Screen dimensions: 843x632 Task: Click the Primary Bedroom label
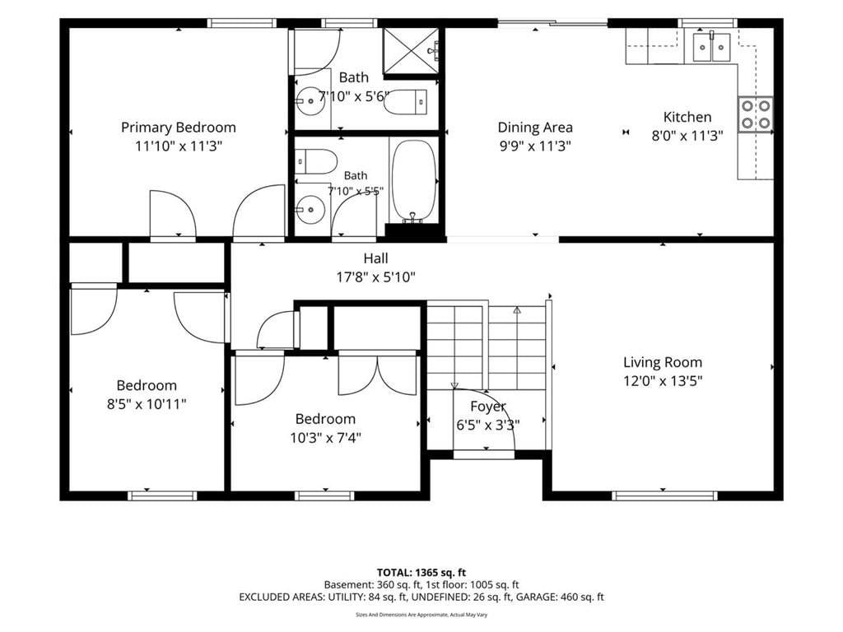coord(179,128)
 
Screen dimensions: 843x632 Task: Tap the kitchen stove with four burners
coord(756,114)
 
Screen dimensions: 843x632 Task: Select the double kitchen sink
coord(711,47)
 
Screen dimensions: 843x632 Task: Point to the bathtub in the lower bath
coord(413,181)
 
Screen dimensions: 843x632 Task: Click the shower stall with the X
coord(411,51)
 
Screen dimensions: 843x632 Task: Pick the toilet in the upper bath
coord(406,101)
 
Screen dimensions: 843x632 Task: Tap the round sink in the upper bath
coord(310,100)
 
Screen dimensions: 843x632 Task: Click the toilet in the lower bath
coord(316,161)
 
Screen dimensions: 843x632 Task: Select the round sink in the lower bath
coord(310,210)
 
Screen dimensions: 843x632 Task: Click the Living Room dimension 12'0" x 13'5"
coord(663,381)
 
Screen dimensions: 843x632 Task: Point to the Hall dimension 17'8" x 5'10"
coord(375,277)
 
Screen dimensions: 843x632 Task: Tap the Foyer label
coord(488,407)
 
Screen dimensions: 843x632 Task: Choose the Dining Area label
coord(535,128)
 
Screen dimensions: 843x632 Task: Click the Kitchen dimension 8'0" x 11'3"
coord(687,136)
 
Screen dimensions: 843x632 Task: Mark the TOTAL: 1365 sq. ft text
coord(421,573)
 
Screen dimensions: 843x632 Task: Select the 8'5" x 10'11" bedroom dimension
coord(147,403)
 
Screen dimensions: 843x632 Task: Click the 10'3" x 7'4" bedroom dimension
coord(326,438)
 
